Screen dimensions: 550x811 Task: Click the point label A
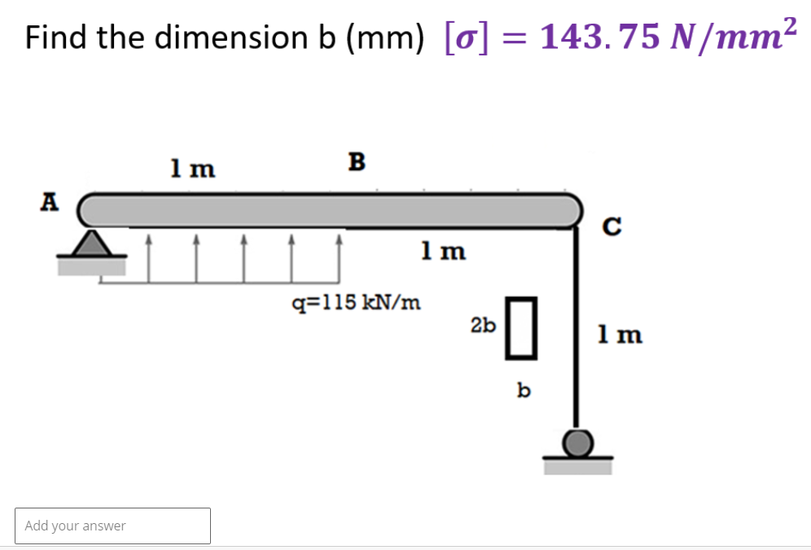coord(50,201)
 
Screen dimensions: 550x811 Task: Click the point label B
coord(356,162)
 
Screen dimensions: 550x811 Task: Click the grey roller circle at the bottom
coord(577,443)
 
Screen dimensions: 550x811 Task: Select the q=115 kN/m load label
coord(357,304)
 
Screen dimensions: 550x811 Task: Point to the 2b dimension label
coord(483,326)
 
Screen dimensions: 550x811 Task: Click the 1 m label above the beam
coord(193,169)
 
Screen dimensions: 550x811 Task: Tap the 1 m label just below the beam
coord(444,252)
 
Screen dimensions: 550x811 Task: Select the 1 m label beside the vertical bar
coord(620,335)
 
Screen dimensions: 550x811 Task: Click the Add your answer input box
coord(112,526)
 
